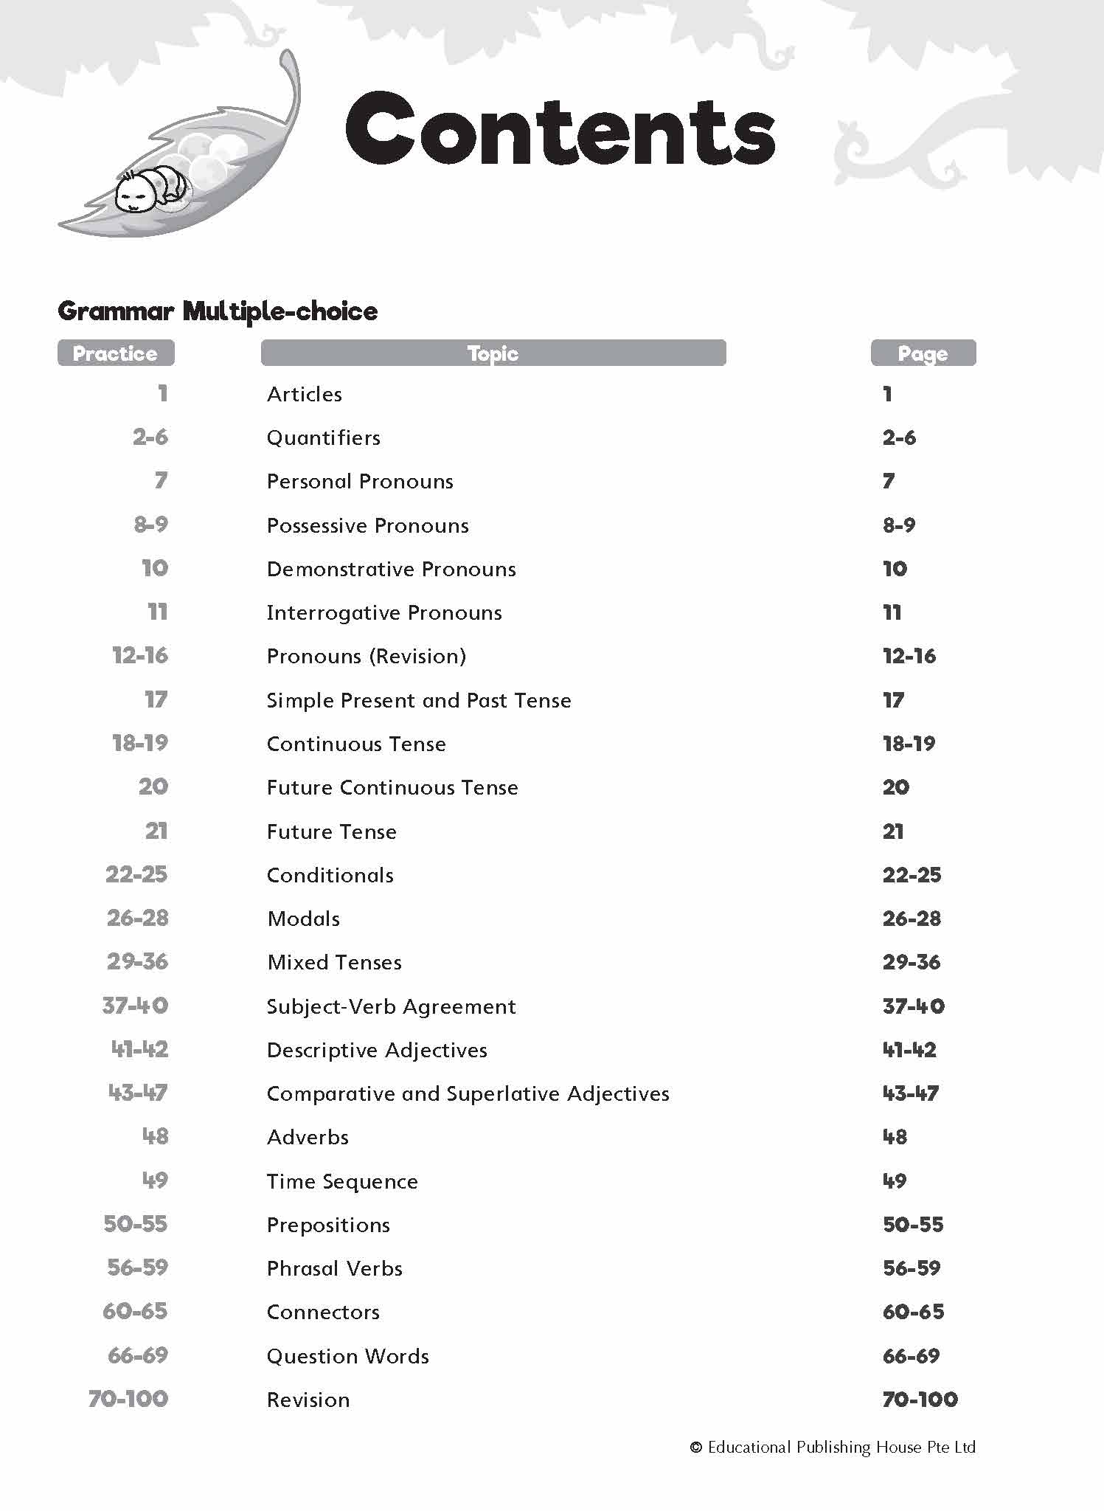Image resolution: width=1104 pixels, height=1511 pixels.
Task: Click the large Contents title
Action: (560, 130)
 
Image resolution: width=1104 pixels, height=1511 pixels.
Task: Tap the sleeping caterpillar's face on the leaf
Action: (134, 196)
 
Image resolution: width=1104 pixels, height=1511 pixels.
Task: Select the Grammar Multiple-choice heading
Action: (218, 311)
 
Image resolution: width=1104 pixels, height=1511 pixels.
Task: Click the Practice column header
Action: (116, 353)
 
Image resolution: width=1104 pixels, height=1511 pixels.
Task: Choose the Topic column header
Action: (493, 353)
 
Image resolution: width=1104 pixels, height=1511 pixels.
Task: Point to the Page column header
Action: (923, 353)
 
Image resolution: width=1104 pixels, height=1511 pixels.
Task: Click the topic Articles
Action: (305, 395)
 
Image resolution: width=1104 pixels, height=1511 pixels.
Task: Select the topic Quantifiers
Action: (324, 438)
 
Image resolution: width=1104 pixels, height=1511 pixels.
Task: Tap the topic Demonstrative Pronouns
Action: (391, 570)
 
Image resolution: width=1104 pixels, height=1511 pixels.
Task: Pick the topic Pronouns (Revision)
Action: (367, 657)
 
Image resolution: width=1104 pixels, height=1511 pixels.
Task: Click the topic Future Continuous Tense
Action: (392, 788)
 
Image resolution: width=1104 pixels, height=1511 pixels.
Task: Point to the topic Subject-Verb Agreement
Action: (391, 1007)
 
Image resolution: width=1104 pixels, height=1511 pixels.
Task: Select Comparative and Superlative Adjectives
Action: (468, 1094)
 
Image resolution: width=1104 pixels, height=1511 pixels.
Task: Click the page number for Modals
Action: (912, 919)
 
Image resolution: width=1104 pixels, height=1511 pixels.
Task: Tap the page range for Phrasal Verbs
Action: (912, 1269)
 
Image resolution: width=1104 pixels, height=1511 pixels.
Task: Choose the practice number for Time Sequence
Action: (155, 1180)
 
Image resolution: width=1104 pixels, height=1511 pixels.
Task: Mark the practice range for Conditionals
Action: (136, 875)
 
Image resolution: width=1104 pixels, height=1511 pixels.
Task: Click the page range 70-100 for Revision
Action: (920, 1400)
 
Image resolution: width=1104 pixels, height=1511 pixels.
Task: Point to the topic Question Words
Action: (347, 1357)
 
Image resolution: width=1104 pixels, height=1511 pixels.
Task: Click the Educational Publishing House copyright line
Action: (833, 1448)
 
